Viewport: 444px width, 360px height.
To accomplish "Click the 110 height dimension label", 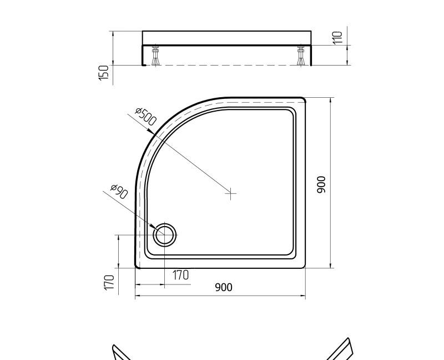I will tap(337, 38).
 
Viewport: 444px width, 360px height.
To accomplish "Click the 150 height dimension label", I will tap(104, 73).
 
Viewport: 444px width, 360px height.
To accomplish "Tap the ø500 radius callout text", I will tap(146, 116).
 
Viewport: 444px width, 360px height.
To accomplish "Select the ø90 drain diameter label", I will tap(119, 192).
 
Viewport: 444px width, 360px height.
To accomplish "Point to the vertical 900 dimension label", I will tap(321, 184).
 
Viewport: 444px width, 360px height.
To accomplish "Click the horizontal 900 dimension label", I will tap(223, 287).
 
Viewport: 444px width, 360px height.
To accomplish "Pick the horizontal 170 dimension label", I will tap(180, 275).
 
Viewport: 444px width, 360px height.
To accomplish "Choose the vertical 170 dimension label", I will tap(109, 282).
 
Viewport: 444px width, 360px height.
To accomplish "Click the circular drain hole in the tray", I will tap(164, 235).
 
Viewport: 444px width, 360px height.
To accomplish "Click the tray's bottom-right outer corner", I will tap(304, 267).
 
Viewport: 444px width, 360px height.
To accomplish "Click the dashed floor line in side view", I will tap(228, 65).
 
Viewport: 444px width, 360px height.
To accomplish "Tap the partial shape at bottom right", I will tap(341, 349).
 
